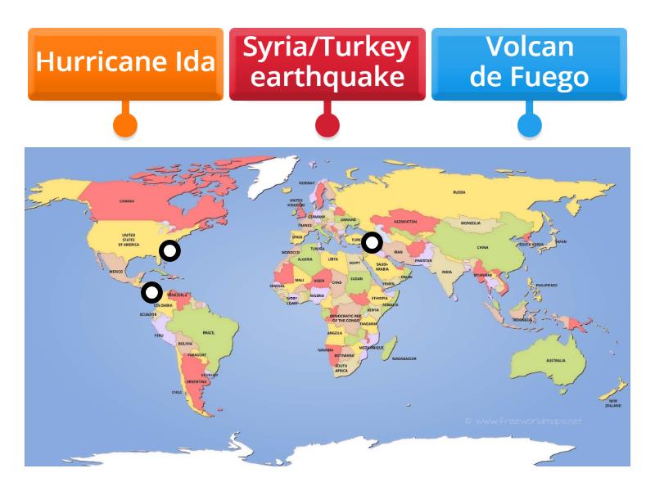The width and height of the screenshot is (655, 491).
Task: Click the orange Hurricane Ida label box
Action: (125, 63)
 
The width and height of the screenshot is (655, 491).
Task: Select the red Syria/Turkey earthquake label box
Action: (327, 63)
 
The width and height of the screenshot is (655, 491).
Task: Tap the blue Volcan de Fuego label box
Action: (529, 63)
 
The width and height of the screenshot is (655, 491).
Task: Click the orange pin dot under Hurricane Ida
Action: (125, 124)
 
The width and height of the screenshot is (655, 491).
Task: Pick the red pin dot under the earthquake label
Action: (327, 124)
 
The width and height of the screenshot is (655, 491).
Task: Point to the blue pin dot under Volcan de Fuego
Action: (530, 124)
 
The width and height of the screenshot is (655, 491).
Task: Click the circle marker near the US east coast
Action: (169, 251)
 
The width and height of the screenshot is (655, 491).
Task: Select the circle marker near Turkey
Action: (373, 242)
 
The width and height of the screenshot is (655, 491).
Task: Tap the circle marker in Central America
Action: (151, 292)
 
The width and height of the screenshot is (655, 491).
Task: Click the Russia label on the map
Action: (458, 192)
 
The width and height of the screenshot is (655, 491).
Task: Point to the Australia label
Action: (556, 360)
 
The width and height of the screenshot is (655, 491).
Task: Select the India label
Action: (446, 272)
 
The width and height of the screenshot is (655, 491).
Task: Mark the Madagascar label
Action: (404, 358)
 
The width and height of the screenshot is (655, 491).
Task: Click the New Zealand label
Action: (612, 403)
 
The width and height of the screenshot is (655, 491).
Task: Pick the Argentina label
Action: (196, 381)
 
